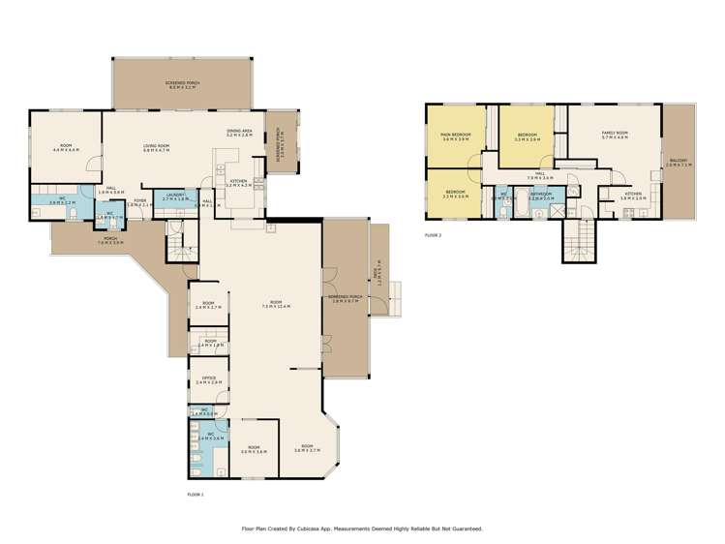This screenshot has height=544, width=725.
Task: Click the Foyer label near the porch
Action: [140, 201]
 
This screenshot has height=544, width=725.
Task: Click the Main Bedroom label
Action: [455, 135]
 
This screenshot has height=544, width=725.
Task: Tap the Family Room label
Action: [615, 134]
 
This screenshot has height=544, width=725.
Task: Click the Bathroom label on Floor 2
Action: [541, 194]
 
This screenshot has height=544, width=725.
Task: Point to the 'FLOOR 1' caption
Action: [196, 494]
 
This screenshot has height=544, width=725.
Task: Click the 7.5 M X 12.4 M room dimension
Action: [277, 308]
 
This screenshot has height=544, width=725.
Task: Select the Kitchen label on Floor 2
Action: [632, 194]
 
